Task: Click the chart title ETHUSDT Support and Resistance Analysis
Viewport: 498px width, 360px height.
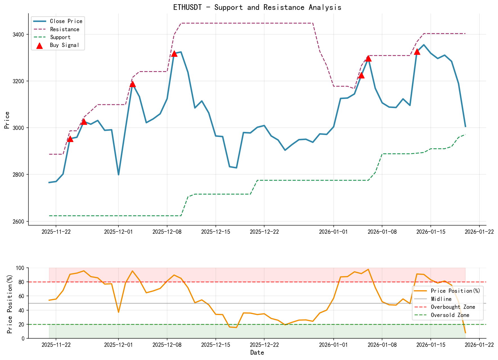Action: [x=257, y=7]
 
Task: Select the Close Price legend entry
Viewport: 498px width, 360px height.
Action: [x=66, y=21]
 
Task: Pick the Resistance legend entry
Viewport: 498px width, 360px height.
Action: [x=64, y=29]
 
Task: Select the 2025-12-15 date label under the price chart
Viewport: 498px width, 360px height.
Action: [x=216, y=232]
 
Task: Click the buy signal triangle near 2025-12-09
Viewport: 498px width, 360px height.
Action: [x=174, y=53]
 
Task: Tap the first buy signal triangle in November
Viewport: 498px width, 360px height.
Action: [x=70, y=139]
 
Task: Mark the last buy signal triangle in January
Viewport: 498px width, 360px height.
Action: [x=417, y=52]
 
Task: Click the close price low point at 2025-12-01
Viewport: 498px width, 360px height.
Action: [x=118, y=175]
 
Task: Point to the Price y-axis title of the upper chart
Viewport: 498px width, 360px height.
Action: [x=7, y=120]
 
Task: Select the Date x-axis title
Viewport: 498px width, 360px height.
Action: [x=257, y=353]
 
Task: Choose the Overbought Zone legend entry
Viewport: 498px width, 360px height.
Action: [x=453, y=307]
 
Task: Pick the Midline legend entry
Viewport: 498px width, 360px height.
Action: [x=441, y=299]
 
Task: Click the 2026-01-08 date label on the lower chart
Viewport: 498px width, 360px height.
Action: [x=382, y=345]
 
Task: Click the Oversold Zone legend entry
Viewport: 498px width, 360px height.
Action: [x=450, y=315]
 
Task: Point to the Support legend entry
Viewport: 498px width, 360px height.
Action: [x=60, y=37]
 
